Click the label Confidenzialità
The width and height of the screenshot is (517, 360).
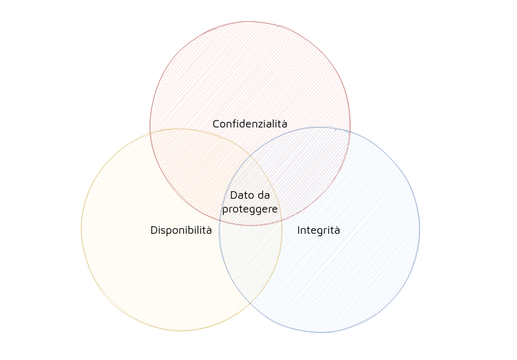(250, 124)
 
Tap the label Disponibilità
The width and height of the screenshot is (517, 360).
(181, 231)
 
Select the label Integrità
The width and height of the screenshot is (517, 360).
(319, 231)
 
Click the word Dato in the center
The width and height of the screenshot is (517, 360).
(241, 196)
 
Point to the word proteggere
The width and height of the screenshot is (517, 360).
(250, 209)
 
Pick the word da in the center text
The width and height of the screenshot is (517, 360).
(263, 196)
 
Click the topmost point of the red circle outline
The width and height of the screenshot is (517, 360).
(250, 22)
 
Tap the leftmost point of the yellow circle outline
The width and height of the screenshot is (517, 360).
(81, 229)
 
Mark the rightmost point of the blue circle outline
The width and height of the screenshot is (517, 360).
(419, 229)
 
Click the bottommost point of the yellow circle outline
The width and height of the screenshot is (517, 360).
(181, 330)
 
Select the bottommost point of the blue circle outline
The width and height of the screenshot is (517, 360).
(319, 332)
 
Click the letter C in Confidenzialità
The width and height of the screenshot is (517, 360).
(216, 124)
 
